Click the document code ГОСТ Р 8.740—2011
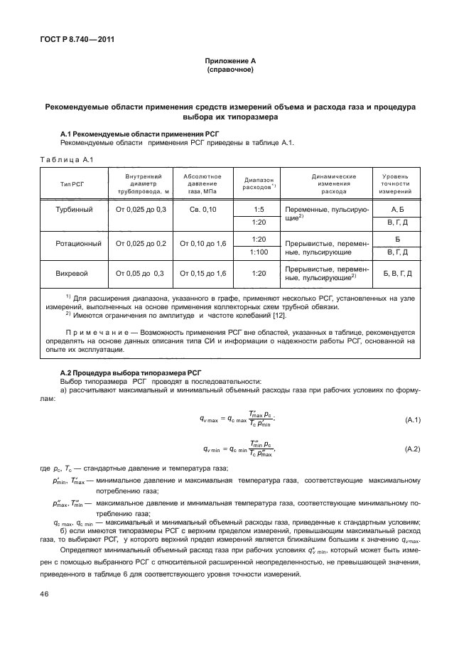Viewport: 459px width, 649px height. (x=73, y=39)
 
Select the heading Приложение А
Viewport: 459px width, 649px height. (x=229, y=63)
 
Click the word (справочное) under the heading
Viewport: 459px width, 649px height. (x=229, y=71)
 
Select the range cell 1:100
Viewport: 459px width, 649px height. (x=259, y=252)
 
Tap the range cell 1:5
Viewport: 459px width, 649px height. (x=259, y=210)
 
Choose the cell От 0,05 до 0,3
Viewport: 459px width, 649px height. (x=135, y=273)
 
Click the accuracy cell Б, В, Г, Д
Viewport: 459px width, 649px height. (x=396, y=273)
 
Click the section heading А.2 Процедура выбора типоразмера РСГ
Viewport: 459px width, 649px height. (x=126, y=372)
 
